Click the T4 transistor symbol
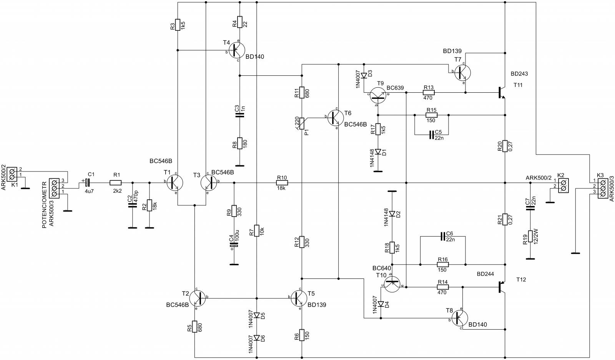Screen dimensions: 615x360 click(236, 50)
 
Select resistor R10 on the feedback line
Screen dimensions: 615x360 click(282, 182)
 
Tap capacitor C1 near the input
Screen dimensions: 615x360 click(87, 182)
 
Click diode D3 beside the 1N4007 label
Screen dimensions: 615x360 click(364, 75)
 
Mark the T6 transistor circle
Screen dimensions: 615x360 click(336, 118)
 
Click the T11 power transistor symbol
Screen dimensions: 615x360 click(502, 93)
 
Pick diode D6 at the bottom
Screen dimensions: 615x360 click(257, 338)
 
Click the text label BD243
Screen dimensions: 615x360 click(519, 73)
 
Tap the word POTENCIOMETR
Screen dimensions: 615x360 click(44, 205)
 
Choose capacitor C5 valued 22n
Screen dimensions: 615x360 click(431, 135)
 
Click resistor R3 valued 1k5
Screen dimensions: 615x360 click(178, 25)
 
